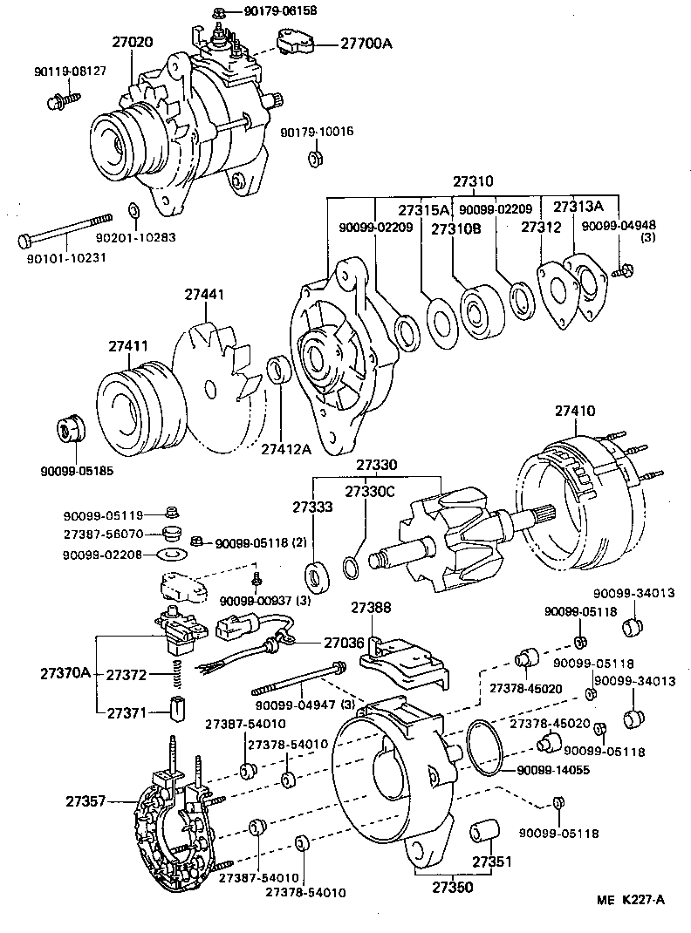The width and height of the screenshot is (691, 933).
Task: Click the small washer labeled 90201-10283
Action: [x=133, y=211]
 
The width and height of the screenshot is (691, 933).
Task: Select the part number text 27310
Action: [x=473, y=183]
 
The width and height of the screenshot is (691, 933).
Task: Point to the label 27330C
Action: [x=370, y=493]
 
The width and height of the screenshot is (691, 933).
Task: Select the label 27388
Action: [x=372, y=608]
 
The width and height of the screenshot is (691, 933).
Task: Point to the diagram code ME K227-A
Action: [x=631, y=900]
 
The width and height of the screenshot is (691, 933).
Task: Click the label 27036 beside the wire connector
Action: [x=343, y=644]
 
